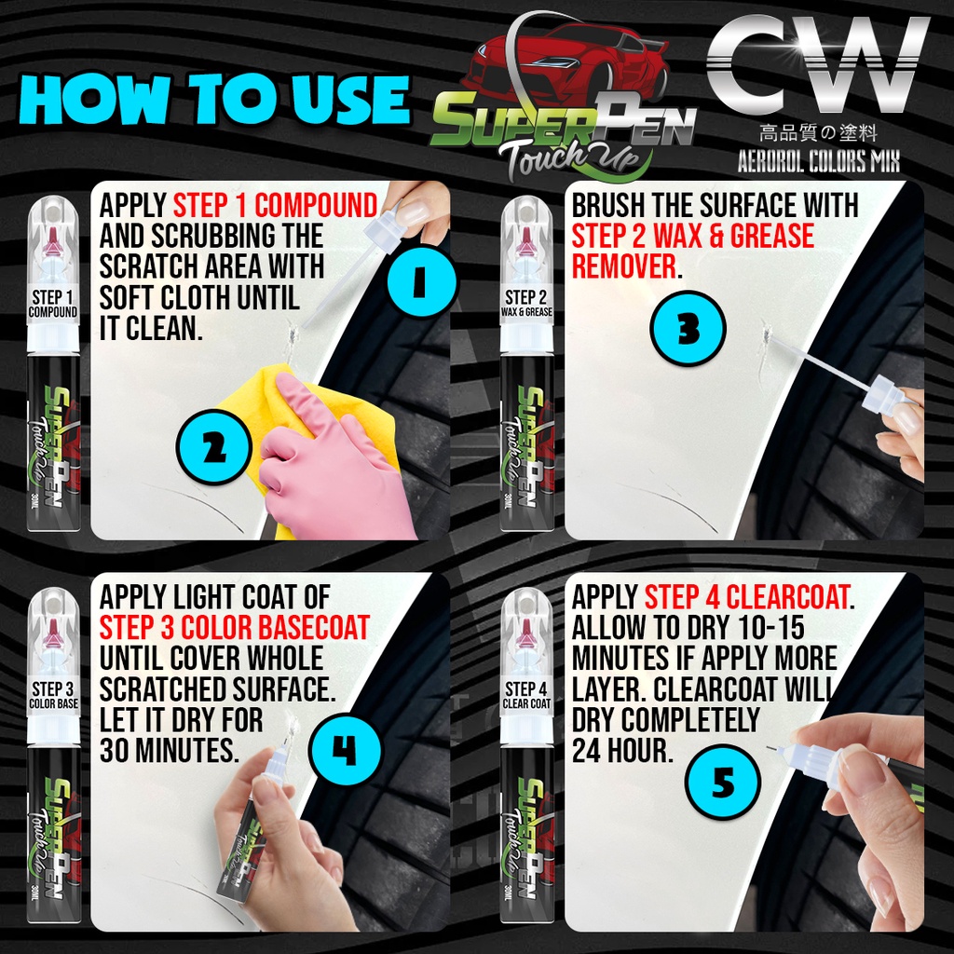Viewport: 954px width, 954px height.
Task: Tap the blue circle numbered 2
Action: (213, 448)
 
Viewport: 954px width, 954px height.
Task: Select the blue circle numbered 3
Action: (688, 329)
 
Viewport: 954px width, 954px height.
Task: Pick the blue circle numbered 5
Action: (722, 782)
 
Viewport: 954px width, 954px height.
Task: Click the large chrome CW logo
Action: (818, 64)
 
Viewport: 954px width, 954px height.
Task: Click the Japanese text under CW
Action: (818, 133)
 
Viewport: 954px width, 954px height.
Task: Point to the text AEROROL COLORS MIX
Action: (818, 161)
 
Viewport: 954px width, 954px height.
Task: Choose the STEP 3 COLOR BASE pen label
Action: (53, 696)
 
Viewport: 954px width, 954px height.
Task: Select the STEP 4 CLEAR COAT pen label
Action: (526, 696)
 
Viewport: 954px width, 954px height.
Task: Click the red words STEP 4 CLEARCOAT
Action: (747, 597)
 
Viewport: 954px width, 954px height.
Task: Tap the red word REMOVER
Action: (624, 266)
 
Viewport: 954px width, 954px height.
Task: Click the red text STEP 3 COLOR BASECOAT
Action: (234, 628)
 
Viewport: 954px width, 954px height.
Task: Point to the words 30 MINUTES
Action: (169, 751)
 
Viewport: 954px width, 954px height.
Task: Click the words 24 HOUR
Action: (621, 751)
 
